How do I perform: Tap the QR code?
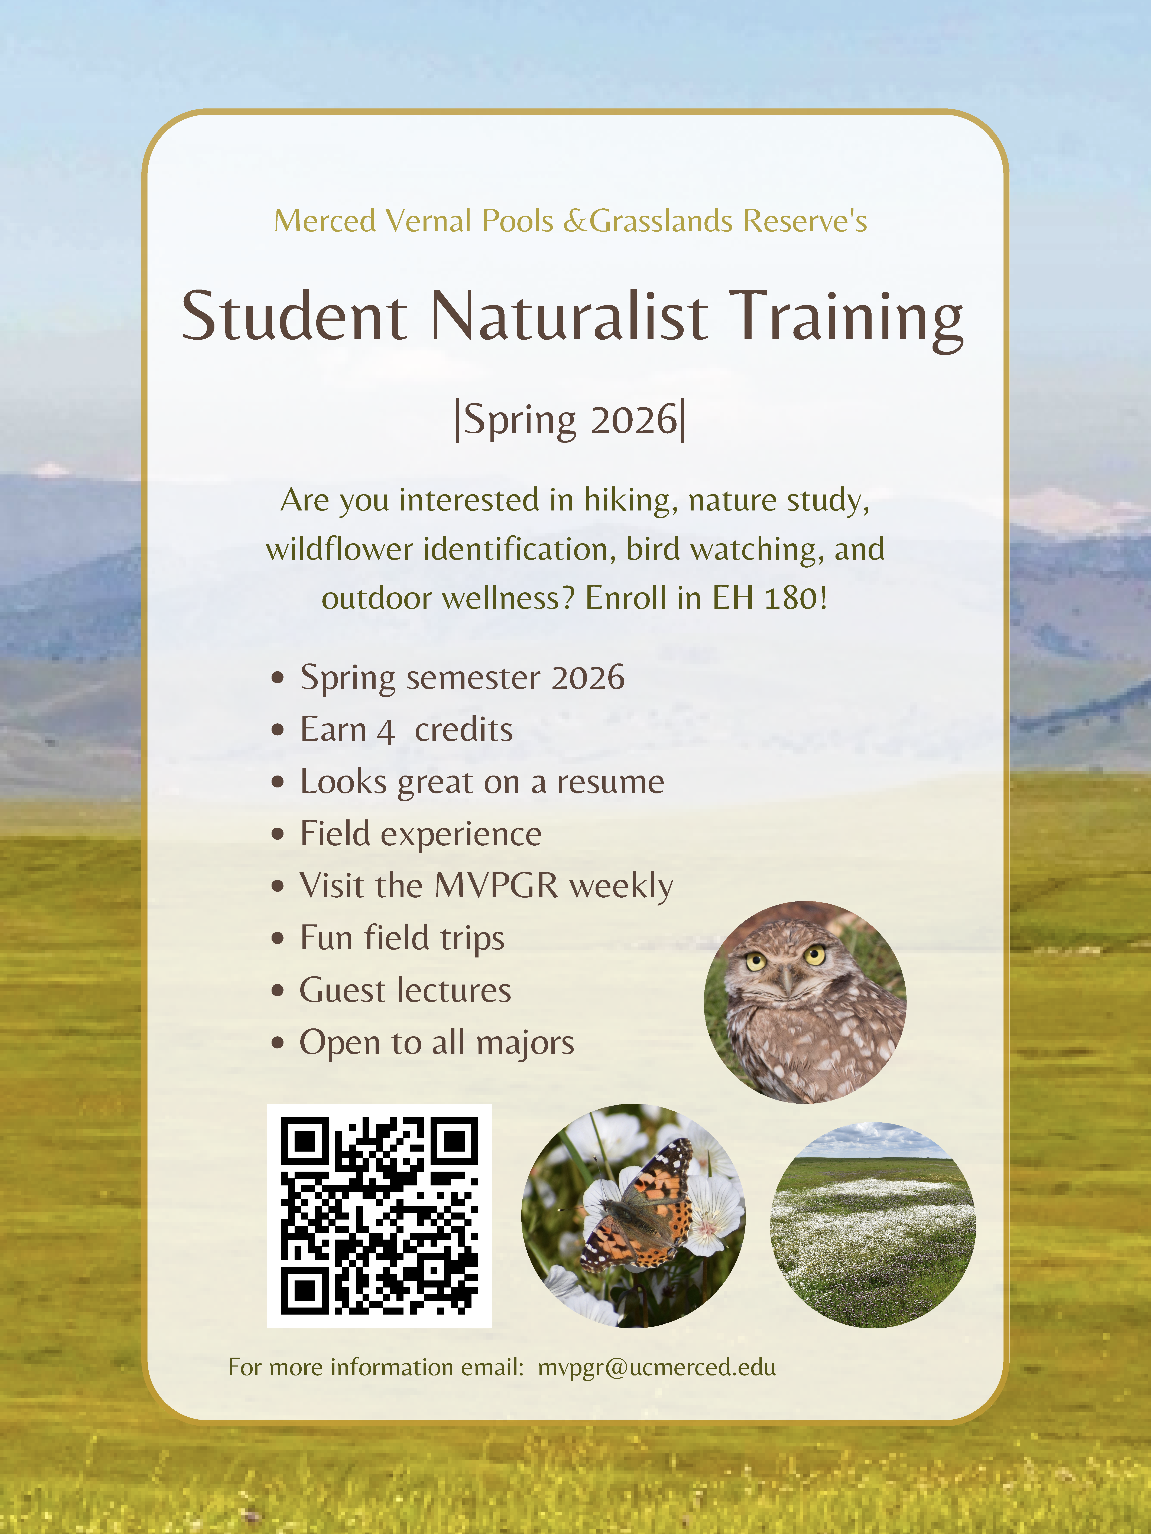(x=379, y=1216)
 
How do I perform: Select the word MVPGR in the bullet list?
(x=497, y=886)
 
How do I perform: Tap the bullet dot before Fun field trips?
(x=278, y=938)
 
